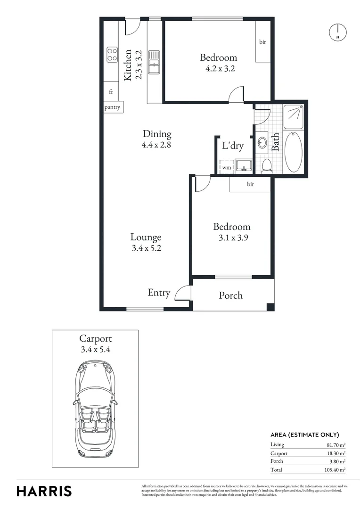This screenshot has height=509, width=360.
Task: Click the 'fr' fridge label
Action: click(111, 92)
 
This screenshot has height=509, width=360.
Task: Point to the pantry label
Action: click(113, 107)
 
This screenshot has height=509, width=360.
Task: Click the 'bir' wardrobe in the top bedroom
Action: click(262, 42)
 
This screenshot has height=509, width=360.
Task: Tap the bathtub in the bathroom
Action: click(294, 152)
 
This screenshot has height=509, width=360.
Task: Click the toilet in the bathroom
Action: click(266, 165)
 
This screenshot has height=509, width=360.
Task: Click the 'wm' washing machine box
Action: click(227, 167)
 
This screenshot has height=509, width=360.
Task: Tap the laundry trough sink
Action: click(244, 165)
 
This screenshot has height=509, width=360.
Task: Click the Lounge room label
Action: click(146, 238)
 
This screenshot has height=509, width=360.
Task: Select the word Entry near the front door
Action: click(159, 293)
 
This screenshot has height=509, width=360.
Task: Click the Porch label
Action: click(231, 296)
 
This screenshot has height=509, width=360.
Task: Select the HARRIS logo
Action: click(44, 491)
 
